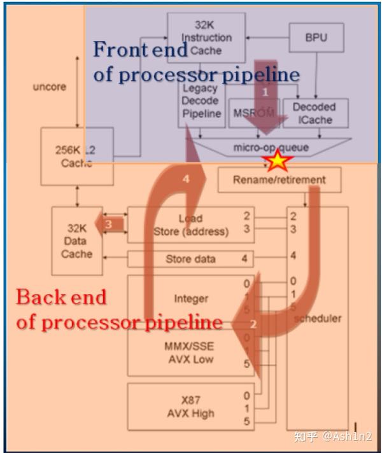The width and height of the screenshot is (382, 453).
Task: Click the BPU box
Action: click(x=316, y=38)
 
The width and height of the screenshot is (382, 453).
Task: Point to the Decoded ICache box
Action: click(x=314, y=113)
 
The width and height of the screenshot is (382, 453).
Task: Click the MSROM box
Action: click(x=253, y=113)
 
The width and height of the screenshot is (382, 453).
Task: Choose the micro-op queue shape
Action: click(x=270, y=148)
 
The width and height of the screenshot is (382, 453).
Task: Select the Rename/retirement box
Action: click(x=279, y=180)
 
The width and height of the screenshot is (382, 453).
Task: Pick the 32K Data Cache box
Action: click(x=76, y=241)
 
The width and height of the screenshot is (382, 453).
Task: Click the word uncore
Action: click(x=49, y=87)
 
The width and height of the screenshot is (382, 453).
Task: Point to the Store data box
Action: click(x=191, y=259)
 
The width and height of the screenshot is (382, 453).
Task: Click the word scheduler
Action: click(x=318, y=318)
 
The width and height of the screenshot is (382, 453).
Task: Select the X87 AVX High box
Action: click(x=190, y=407)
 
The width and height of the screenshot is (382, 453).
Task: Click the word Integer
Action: click(x=191, y=298)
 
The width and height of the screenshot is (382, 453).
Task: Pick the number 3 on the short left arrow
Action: click(x=108, y=224)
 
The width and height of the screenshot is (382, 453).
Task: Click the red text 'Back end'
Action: click(x=61, y=297)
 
